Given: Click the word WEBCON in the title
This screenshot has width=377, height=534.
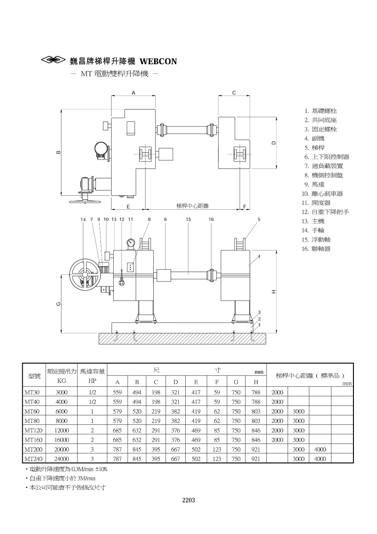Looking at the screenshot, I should pos(158,61).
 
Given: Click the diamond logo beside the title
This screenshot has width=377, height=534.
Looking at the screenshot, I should pos(53,60).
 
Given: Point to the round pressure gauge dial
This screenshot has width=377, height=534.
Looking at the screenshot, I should pos(131,243).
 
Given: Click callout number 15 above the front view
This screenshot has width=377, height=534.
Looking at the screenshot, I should pos(188,219).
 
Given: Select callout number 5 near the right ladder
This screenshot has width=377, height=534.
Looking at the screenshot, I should pos(259,219).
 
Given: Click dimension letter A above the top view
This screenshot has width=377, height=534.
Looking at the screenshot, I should pos(133,93).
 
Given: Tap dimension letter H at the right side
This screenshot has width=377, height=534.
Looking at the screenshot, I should pos(274,291).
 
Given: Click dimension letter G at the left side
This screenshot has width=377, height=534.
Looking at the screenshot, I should pos(59,303).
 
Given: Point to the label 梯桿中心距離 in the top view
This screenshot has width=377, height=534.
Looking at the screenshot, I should pos(193,206).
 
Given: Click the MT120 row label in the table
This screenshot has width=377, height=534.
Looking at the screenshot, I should pos(33,430).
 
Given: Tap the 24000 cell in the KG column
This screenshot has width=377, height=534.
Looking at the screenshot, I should pos(61,459).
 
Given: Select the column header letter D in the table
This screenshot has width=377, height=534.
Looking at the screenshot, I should pos(175,382).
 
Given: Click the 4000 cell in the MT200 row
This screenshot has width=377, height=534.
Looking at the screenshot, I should pos(320,449).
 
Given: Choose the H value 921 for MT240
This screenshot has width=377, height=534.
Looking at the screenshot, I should pos(256,459).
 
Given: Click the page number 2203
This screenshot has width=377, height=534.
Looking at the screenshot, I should pos(188,500).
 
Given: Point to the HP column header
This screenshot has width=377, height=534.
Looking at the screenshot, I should pos(92,381).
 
